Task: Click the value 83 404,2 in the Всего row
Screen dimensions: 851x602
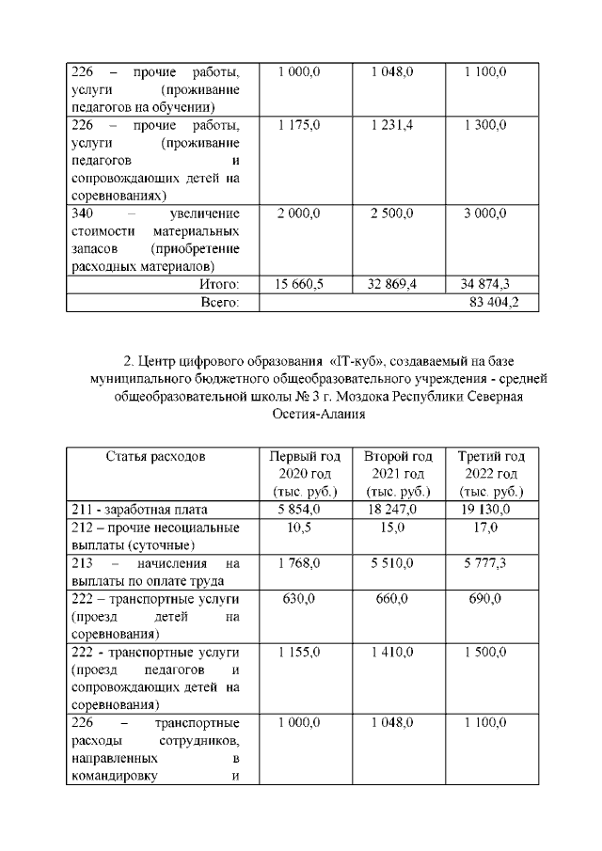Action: tap(494, 302)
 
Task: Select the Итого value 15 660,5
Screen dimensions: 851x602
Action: tap(299, 283)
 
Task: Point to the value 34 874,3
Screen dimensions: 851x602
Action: tap(485, 283)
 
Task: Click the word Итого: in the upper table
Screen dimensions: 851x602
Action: tap(219, 283)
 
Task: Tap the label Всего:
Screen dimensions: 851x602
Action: tap(217, 302)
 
